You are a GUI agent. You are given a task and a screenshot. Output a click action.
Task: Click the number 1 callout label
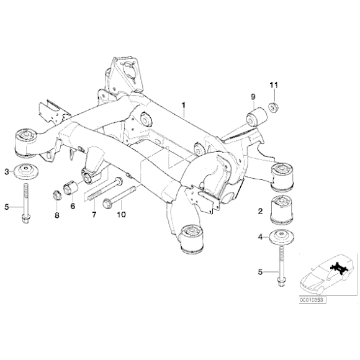(x=184, y=106)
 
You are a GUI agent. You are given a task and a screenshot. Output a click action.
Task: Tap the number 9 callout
(x=253, y=96)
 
